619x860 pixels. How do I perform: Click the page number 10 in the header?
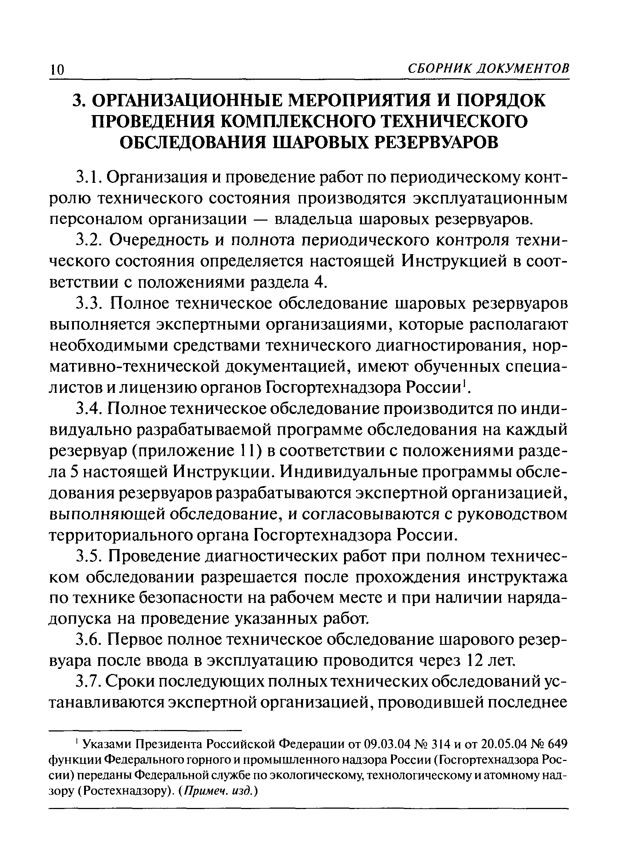tap(57, 70)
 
